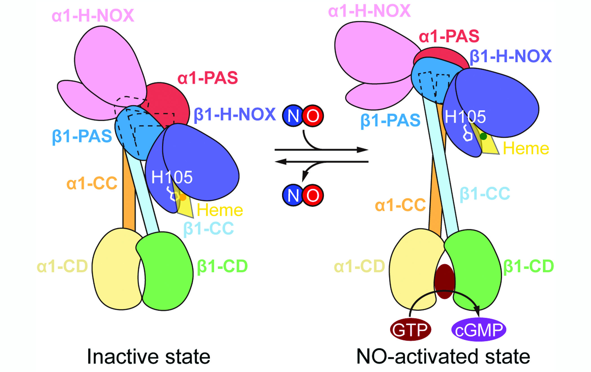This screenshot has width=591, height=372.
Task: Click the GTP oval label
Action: (411, 329)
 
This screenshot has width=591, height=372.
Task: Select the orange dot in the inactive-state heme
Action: (183, 197)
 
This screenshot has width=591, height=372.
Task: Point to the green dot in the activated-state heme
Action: (483, 136)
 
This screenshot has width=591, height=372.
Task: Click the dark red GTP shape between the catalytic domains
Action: (445, 281)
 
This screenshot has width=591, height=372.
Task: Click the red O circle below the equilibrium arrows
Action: (313, 195)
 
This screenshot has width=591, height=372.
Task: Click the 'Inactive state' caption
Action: (149, 356)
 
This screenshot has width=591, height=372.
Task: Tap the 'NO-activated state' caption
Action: (443, 356)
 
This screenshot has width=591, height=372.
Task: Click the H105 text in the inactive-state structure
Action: (172, 177)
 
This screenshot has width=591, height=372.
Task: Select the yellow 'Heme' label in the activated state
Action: (526, 149)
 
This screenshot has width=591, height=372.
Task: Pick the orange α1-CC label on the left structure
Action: (92, 183)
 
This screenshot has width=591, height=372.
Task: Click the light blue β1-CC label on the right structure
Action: (485, 194)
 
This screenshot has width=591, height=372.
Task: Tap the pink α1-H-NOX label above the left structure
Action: (93, 15)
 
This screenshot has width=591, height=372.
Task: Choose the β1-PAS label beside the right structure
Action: (390, 121)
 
